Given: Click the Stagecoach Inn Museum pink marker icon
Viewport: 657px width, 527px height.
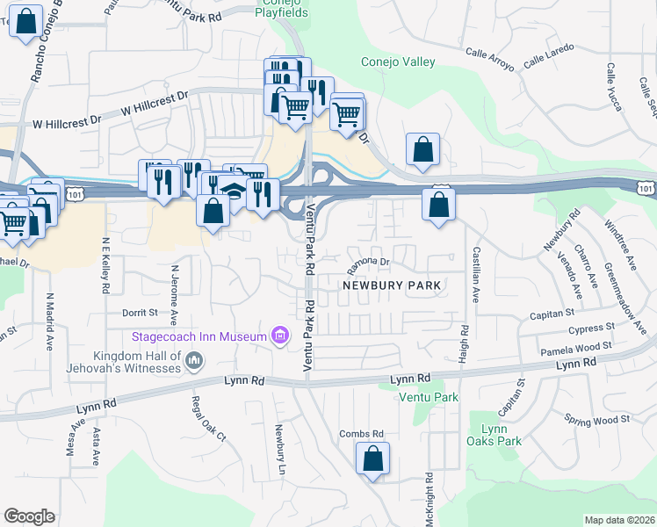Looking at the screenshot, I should point(280,336).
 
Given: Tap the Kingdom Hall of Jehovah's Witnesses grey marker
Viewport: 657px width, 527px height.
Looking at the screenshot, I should point(195,359).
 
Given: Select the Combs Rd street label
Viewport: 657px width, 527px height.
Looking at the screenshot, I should point(362,434).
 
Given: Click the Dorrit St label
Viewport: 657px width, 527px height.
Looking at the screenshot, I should point(139,312).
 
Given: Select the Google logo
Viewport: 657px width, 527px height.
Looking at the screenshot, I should point(29,516).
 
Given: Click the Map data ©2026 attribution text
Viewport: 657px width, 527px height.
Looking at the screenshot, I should point(618,520).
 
